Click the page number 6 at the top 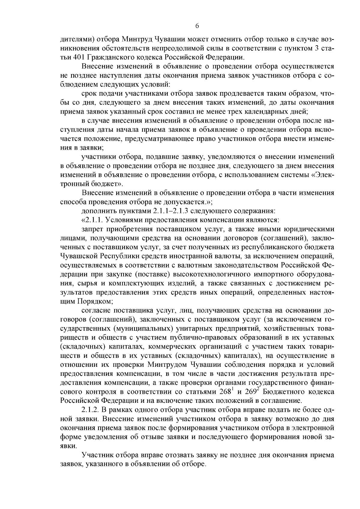click(197, 26)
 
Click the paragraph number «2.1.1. click(92, 220)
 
